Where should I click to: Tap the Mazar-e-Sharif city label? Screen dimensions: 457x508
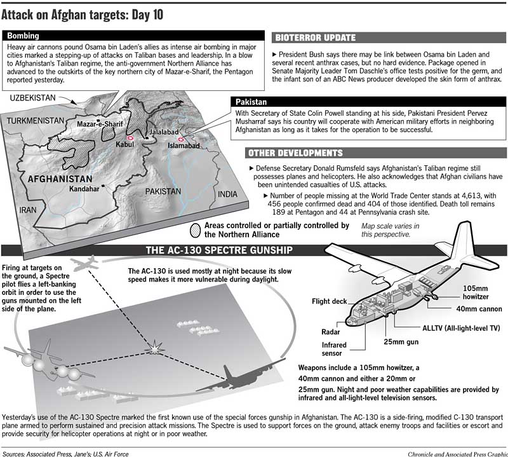pos(99,125)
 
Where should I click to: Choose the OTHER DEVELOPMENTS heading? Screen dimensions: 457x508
pos(295,153)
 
